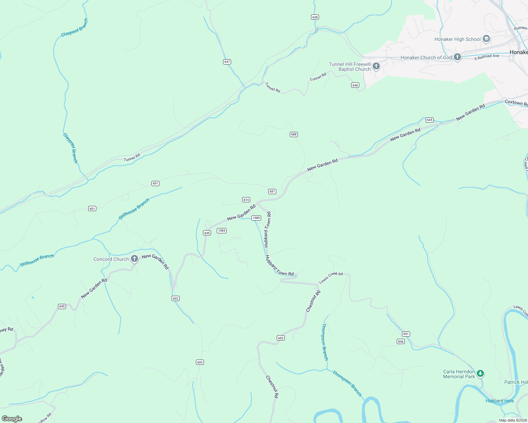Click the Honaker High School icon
(x=486, y=39)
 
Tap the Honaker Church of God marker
(x=457, y=57)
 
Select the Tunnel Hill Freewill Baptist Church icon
(x=376, y=66)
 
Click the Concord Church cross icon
(x=134, y=259)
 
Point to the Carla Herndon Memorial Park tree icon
(x=480, y=373)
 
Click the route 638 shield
(x=315, y=17)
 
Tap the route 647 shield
(x=227, y=62)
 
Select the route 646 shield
(x=355, y=85)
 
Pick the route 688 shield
(x=294, y=134)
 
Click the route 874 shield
(x=246, y=200)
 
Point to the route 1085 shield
(x=256, y=218)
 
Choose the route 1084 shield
(x=221, y=231)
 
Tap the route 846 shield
(x=401, y=341)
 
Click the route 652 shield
(x=281, y=338)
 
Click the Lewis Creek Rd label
(x=331, y=278)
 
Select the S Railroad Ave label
(x=487, y=57)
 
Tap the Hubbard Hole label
(x=499, y=401)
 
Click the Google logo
(x=12, y=419)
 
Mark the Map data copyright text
(x=512, y=420)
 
